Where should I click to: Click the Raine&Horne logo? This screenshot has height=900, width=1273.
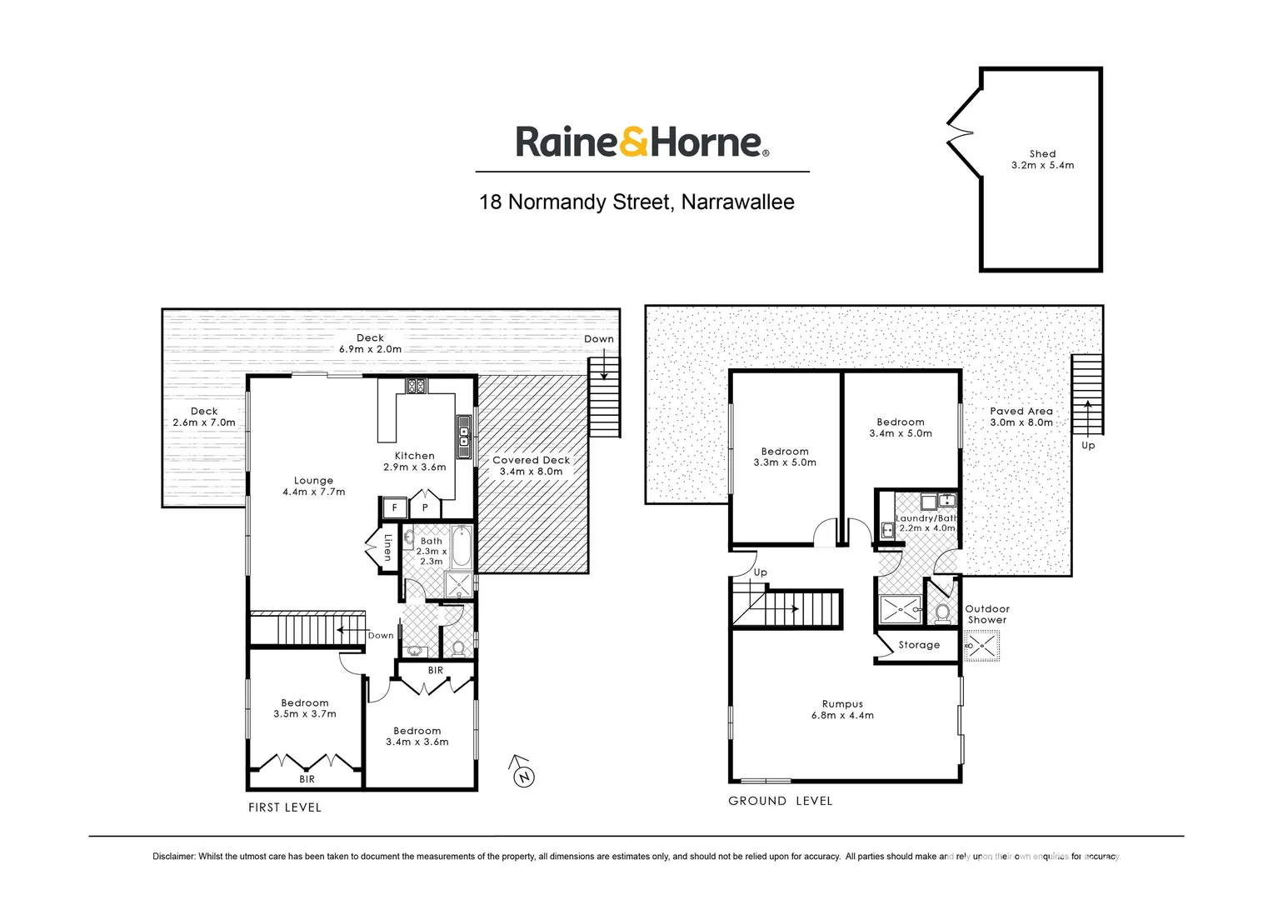pos(641,142)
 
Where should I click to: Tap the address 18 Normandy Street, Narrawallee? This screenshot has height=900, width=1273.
pos(636,202)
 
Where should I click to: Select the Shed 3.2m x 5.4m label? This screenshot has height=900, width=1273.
pos(1042,160)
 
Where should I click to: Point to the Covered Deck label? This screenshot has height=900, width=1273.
pos(532,466)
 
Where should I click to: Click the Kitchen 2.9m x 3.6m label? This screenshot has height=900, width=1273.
pos(415,462)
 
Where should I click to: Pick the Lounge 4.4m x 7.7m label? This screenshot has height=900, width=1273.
pos(313,487)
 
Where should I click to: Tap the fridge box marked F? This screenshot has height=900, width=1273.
pos(395,507)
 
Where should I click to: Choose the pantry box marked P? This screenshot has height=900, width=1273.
pos(425,507)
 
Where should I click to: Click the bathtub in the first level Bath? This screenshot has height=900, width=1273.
pos(461,546)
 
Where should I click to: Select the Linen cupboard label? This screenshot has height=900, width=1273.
pos(387,547)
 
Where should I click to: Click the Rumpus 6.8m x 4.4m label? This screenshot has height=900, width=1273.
pos(842,710)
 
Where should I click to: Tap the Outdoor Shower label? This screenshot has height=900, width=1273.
pos(987,614)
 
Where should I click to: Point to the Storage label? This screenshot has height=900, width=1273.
pos(919,645)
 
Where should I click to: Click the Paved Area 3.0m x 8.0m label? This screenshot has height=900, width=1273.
pos(1021,417)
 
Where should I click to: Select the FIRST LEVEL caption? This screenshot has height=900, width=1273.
pos(284,807)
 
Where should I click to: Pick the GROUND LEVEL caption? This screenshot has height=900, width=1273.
pos(780,801)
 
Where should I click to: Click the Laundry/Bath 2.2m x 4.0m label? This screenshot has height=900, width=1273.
pos(926,523)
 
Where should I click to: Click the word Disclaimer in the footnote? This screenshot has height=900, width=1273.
pos(173,857)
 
